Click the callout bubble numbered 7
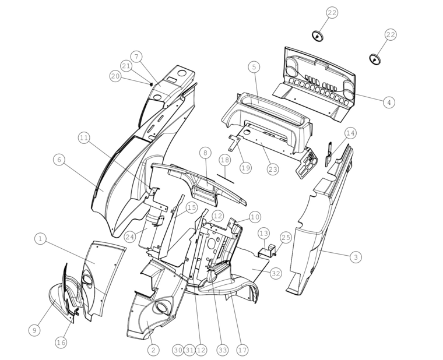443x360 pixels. (x=137, y=57)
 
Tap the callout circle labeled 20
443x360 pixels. (x=115, y=76)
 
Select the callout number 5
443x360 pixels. (x=254, y=67)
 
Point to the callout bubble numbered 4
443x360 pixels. (x=389, y=102)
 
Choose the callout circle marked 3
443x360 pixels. (x=356, y=257)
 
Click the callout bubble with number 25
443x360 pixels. (x=286, y=238)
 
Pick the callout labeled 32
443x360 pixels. (x=276, y=273)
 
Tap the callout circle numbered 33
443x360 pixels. (x=222, y=350)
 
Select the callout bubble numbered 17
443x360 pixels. (x=242, y=350)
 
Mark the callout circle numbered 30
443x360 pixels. (x=178, y=350)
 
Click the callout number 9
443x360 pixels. (x=34, y=330)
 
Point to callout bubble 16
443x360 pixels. (x=61, y=343)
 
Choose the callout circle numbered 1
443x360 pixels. (x=40, y=239)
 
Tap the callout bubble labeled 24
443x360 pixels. (x=129, y=237)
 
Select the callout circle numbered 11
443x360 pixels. (x=84, y=138)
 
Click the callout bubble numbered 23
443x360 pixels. (x=273, y=170)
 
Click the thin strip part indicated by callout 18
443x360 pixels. (x=226, y=179)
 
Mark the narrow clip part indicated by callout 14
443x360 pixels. (x=329, y=154)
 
